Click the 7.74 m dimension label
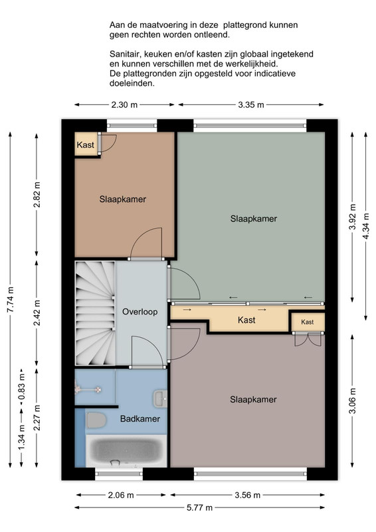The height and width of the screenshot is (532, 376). click(x=11, y=300)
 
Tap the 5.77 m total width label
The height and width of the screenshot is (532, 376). click(x=200, y=508)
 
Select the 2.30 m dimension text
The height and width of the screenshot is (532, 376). click(x=124, y=105)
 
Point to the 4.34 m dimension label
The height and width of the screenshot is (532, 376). click(x=365, y=226)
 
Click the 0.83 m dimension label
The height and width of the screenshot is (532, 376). click(x=22, y=387)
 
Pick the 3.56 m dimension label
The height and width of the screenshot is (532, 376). click(x=248, y=495)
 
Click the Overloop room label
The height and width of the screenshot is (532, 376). click(x=140, y=312)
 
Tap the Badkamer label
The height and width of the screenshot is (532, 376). click(x=140, y=419)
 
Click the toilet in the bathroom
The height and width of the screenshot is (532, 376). click(x=96, y=420)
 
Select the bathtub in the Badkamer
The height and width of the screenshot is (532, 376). click(x=126, y=451)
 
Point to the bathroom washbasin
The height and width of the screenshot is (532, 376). click(x=160, y=398)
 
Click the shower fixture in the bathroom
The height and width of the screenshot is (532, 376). click(x=87, y=390)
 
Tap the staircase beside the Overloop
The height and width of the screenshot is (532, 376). click(x=95, y=313)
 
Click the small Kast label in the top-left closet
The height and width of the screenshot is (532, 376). click(x=86, y=145)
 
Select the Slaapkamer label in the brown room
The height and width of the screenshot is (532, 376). click(x=123, y=199)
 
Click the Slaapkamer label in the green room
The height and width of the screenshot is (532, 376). click(x=254, y=219)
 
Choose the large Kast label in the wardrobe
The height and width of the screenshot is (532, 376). click(x=246, y=320)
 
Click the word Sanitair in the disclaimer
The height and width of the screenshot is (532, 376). click(x=125, y=55)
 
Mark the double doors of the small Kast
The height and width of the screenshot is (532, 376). click(x=308, y=340)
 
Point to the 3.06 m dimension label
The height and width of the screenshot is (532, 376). click(x=353, y=401)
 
